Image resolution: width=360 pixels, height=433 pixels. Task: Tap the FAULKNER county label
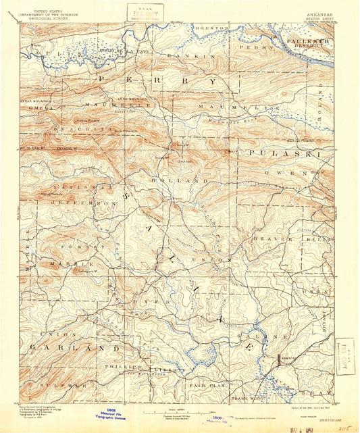(x=307, y=41)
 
